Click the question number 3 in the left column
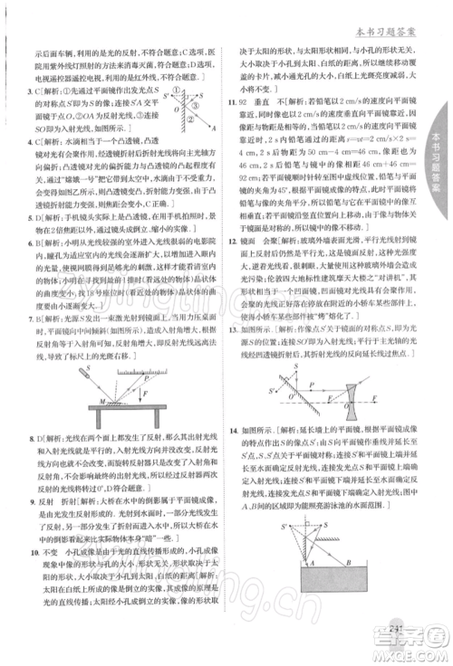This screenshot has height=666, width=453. pos(32,91)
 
